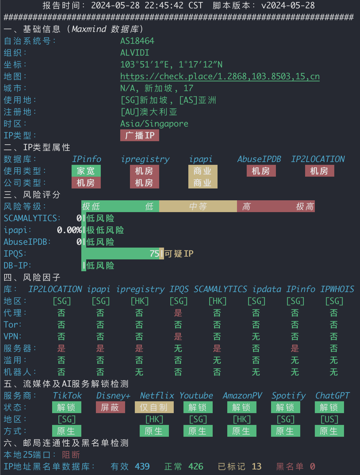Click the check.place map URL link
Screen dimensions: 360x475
(220, 77)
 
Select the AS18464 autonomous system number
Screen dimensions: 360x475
(137, 41)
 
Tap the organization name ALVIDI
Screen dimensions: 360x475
(135, 53)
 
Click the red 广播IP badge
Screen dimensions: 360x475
(140, 136)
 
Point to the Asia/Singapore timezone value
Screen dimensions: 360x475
(154, 124)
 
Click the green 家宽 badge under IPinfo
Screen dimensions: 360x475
(86, 171)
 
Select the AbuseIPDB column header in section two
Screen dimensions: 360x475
(259, 159)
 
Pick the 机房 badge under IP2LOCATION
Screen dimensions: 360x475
(320, 171)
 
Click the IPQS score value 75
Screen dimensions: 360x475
(154, 253)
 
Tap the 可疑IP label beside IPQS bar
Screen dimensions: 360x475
(179, 253)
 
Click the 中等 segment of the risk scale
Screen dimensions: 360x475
(198, 206)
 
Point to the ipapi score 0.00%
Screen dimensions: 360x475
(69, 230)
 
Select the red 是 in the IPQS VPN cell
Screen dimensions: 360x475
(178, 337)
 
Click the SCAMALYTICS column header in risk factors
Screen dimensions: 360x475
(220, 289)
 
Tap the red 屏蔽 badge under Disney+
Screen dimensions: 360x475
(111, 408)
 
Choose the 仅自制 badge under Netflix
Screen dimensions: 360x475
(154, 408)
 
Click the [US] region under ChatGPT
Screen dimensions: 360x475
(329, 419)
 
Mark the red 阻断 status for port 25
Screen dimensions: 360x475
(71, 455)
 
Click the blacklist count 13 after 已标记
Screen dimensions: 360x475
(257, 467)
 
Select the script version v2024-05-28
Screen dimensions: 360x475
(288, 6)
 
